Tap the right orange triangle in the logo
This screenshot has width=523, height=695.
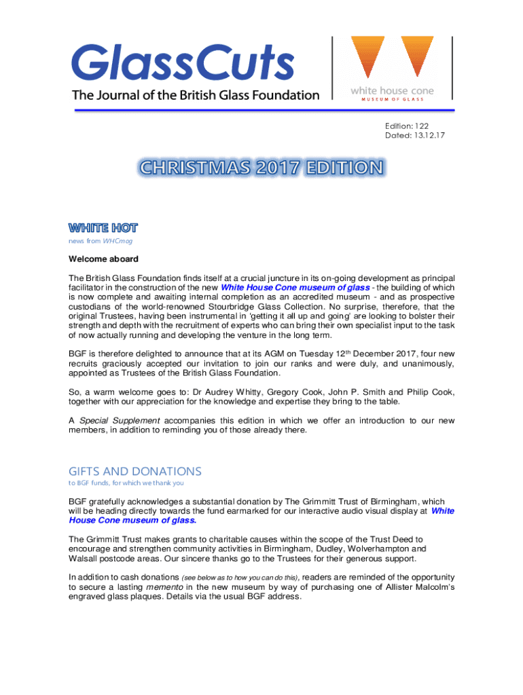coord(417,54)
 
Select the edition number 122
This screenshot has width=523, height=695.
coord(435,126)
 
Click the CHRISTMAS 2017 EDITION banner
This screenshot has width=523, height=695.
coord(261,168)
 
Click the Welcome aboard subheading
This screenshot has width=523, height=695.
coord(103,259)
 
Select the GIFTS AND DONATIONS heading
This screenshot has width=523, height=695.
coord(135,471)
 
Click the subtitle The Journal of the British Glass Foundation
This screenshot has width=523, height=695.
coord(196,95)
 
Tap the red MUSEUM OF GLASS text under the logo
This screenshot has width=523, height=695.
coord(392,99)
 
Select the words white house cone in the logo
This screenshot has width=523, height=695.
coord(392,90)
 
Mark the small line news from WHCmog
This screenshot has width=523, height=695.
coord(100,241)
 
